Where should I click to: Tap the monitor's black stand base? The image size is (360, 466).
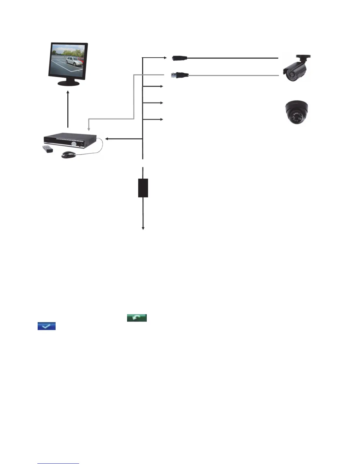click(68, 84)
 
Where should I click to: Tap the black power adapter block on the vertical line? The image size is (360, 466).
click(143, 188)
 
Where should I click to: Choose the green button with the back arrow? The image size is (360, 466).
click(137, 318)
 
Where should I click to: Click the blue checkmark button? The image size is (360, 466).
click(46, 326)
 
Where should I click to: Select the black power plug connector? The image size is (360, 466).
click(180, 58)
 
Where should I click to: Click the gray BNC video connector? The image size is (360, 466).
click(180, 75)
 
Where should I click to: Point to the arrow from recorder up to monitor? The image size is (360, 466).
click(68, 109)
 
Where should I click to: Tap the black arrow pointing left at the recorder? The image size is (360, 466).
click(107, 139)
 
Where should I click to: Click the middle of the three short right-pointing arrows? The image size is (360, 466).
click(161, 103)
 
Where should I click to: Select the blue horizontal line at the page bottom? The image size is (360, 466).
click(58, 464)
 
